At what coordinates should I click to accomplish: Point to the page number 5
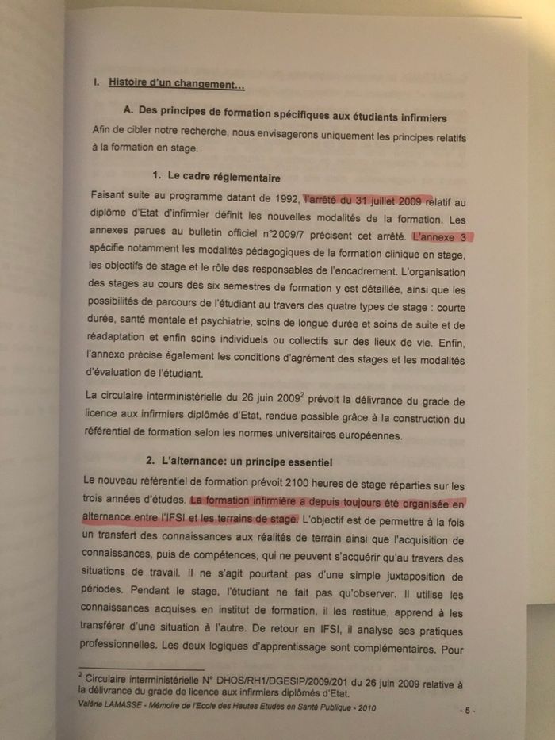click(469, 710)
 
